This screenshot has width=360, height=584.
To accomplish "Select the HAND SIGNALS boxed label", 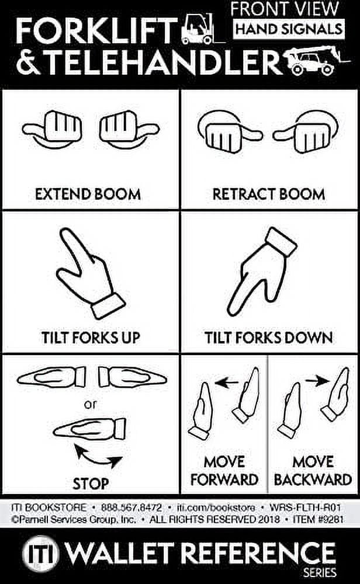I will tap(288, 28).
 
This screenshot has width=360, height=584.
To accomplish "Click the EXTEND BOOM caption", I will tap(88, 194).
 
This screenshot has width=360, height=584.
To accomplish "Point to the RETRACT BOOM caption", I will tap(269, 194).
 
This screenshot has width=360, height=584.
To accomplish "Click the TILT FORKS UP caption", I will tap(91, 338).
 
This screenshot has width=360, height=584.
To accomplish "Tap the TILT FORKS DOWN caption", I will tap(269, 338).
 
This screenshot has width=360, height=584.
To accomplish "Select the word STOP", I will tap(91, 484).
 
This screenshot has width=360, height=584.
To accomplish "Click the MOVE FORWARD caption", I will tap(224, 471).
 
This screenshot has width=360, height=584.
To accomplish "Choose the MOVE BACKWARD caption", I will tap(313, 471).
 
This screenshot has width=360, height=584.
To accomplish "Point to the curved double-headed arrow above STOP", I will tap(98, 455).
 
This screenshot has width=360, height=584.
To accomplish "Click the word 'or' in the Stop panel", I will tap(91, 404).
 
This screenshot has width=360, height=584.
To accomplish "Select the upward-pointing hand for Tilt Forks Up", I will tap(90, 272).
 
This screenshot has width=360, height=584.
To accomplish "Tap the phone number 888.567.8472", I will tap(132, 507).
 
